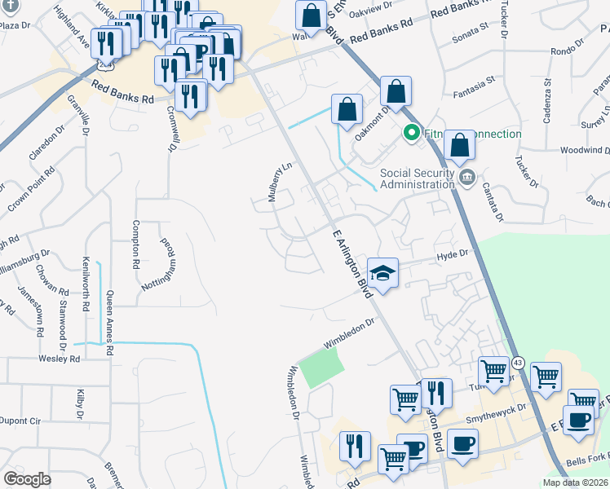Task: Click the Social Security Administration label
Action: pyautogui.click(x=418, y=178)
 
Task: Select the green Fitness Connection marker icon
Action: pyautogui.click(x=412, y=132)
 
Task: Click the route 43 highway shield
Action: pyautogui.click(x=519, y=362)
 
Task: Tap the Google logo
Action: pyautogui.click(x=28, y=478)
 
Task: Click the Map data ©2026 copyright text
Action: pyautogui.click(x=575, y=482)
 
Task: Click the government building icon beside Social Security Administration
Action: pyautogui.click(x=467, y=178)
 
